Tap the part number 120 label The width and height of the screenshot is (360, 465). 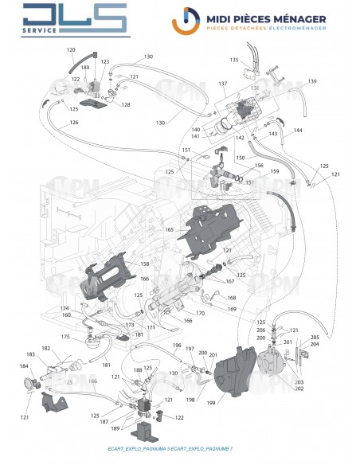71,49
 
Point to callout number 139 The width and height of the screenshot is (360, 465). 312,82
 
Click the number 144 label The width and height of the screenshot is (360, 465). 298,130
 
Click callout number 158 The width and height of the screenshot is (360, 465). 145,264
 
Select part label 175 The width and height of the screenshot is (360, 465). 65,338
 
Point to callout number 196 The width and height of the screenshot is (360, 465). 177,346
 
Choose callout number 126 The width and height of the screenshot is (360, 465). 74,123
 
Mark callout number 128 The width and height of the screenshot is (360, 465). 126,104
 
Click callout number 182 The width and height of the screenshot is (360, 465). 45,349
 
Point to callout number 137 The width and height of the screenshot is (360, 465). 224,84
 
